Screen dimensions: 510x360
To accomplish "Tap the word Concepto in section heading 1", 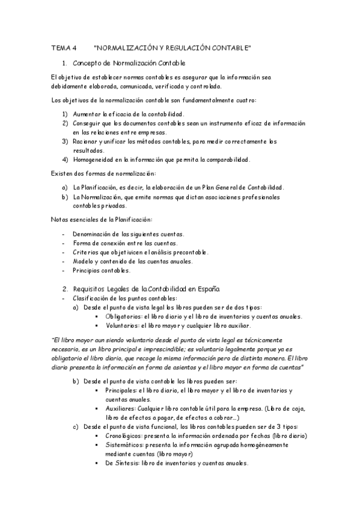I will point(86,63).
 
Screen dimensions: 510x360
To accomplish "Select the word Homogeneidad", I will point(95,159).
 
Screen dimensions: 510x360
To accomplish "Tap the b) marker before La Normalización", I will point(65,196).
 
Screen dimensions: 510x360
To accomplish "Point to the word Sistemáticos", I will point(124,445).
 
